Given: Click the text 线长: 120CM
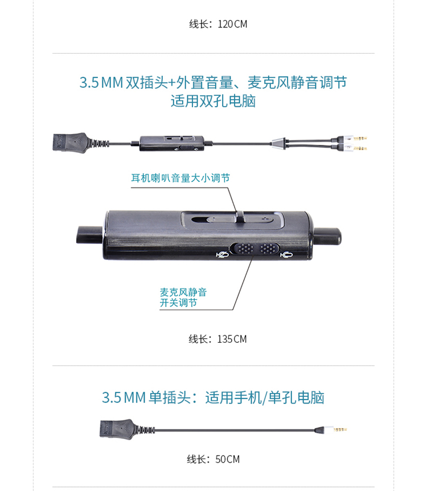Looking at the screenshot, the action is point(218,24).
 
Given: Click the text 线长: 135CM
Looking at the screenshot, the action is point(217,339).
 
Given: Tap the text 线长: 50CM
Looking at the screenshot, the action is point(213,459).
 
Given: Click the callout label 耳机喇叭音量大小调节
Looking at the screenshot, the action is point(180,178).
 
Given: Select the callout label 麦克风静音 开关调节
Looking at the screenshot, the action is point(183,298).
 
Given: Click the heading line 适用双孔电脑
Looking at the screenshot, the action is point(213,101).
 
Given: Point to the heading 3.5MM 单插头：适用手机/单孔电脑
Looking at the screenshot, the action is point(213,397).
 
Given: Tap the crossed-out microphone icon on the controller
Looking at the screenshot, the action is point(222,254).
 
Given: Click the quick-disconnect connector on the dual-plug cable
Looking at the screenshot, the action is point(71,143).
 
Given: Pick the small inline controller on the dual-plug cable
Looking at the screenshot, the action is point(172,143).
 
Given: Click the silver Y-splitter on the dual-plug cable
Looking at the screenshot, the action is point(279,143).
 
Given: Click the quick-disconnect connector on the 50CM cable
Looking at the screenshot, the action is point(117,428).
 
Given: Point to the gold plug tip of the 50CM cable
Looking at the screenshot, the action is point(340,429).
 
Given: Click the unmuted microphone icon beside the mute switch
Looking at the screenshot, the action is point(286,255).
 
